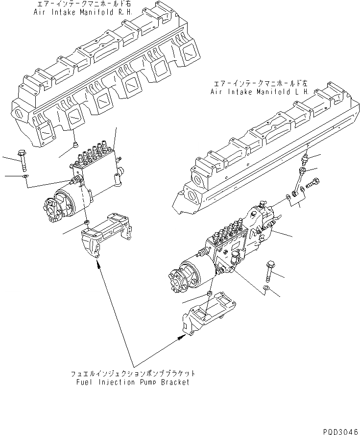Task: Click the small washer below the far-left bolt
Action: coord(25,176)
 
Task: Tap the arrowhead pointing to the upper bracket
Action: coord(99,265)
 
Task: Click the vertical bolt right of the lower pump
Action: coord(270,268)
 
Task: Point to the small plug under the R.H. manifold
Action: coord(74,144)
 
